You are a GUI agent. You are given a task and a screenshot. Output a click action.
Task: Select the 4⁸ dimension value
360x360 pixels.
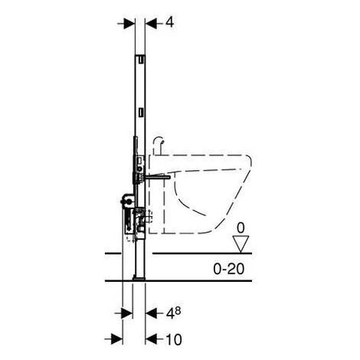click(x=173, y=313)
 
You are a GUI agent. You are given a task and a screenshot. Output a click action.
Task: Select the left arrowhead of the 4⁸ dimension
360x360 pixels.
click(x=122, y=313)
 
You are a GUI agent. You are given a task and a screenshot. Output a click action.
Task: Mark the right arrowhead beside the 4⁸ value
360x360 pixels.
click(x=152, y=313)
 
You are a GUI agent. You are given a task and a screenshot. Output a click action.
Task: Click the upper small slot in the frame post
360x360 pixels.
click(x=141, y=58)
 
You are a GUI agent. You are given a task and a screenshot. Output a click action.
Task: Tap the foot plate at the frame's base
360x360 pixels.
click(x=140, y=277)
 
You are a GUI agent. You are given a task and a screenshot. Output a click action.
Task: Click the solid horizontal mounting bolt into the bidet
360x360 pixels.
click(x=157, y=176)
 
